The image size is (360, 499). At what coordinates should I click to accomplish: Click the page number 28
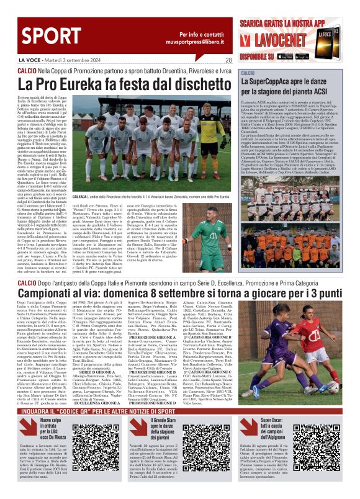tap(228, 60)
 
